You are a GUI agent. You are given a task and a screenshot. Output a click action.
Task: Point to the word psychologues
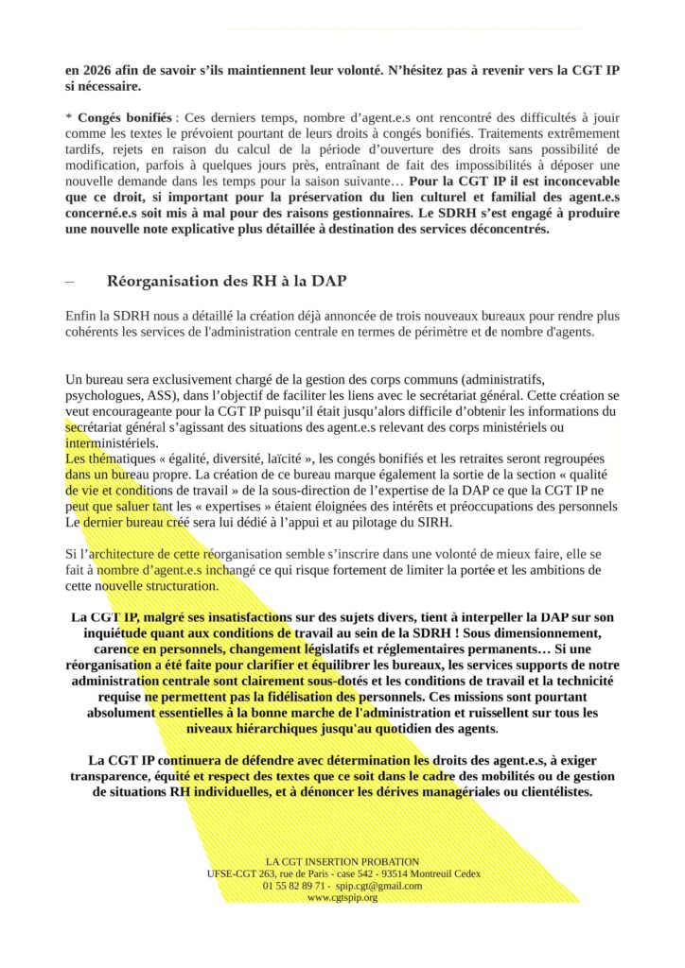tap(101, 397)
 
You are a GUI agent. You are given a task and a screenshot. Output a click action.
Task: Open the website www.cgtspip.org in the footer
tap(342, 897)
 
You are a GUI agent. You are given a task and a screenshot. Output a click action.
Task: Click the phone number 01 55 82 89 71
tap(296, 886)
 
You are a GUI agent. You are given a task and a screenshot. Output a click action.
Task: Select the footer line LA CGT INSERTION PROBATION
tap(342, 862)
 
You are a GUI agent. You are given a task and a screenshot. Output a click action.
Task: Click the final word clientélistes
tap(548, 792)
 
